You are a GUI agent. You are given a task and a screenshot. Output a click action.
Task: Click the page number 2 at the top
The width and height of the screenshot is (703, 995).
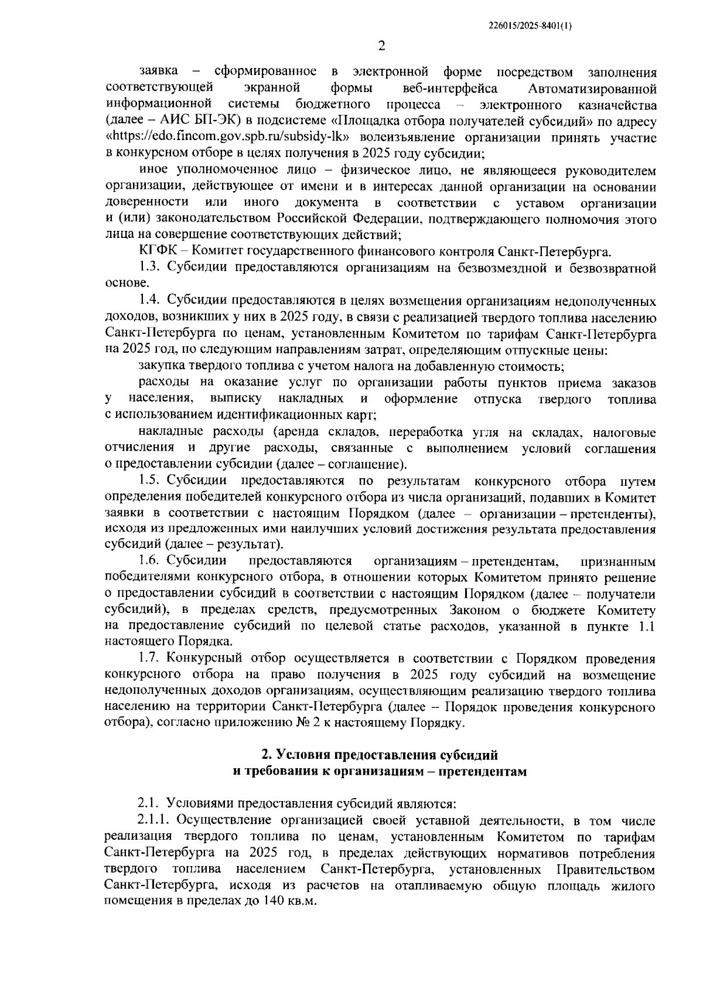(x=381, y=45)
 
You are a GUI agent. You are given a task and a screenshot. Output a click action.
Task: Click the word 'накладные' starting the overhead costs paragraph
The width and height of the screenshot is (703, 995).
(x=170, y=432)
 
